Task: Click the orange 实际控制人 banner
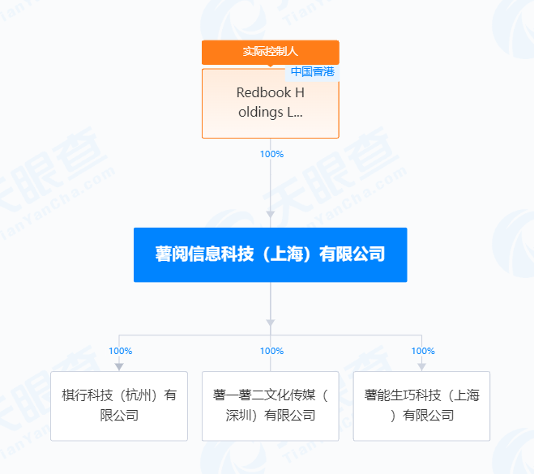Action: coord(270,52)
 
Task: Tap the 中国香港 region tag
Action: coord(312,71)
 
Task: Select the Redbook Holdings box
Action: coord(270,104)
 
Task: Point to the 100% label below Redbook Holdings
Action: coord(271,154)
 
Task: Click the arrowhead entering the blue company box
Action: coord(271,215)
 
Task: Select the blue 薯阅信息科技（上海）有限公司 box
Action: coord(270,254)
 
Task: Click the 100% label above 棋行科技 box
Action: coord(120,351)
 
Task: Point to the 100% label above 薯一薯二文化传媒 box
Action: coord(271,351)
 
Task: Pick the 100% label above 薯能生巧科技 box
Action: coord(423,351)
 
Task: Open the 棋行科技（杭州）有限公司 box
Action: coord(119,406)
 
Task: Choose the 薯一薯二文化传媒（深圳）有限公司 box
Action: coord(270,406)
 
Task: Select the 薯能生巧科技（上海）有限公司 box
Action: coord(421,406)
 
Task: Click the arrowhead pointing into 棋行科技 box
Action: coord(119,366)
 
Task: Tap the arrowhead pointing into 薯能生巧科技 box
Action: coord(422,366)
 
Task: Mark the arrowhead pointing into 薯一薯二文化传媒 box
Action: coord(271,366)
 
